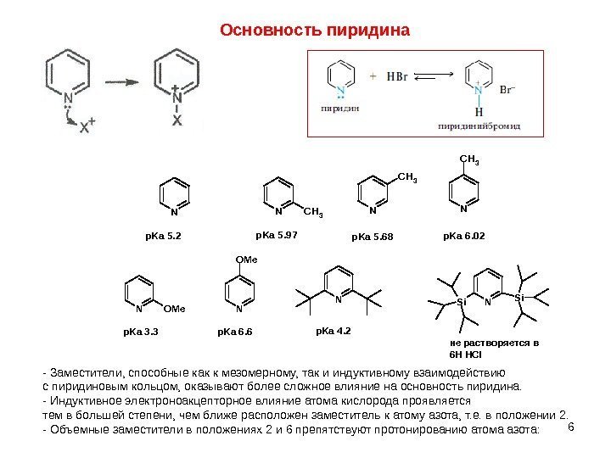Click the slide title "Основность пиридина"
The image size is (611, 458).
(315, 31)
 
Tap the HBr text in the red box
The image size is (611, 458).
(397, 76)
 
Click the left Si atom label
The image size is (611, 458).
(461, 302)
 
